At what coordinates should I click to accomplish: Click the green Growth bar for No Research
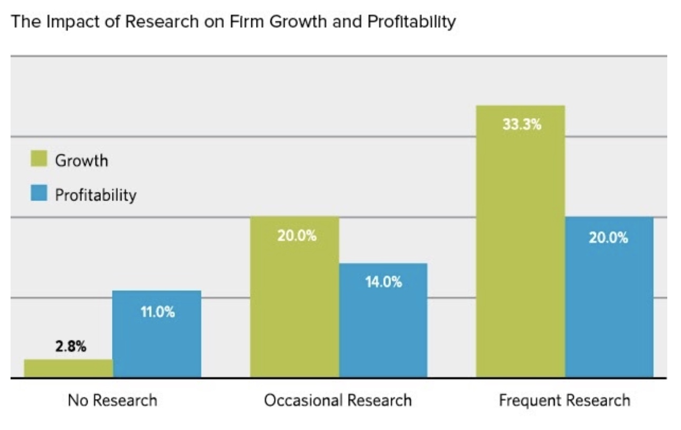tap(69, 368)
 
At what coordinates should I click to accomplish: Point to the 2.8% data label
tap(69, 348)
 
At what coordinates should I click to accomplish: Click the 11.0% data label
tap(157, 312)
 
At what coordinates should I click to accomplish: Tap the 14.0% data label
tap(383, 283)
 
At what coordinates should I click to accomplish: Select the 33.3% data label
tap(521, 126)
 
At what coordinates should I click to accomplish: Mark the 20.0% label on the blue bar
tap(609, 238)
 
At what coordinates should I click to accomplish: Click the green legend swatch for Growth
tap(39, 160)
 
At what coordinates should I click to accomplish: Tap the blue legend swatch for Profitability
tap(39, 194)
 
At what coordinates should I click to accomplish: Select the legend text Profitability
tap(96, 195)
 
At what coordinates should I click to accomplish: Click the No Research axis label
tap(112, 400)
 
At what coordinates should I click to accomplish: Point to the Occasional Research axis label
tap(338, 400)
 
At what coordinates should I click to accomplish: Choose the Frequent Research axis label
tap(564, 400)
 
